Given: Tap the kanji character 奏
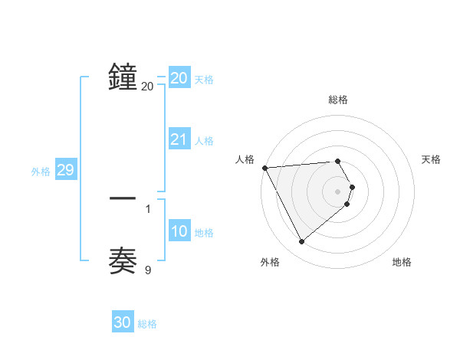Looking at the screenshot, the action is [x=123, y=260].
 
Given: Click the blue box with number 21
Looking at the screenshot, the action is [x=179, y=139].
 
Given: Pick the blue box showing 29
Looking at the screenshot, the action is [x=65, y=170].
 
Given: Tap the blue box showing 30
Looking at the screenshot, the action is [x=123, y=322].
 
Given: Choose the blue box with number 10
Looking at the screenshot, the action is [x=179, y=231].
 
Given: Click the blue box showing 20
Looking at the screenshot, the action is [x=179, y=78].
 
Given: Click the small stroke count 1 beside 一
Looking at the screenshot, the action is [x=148, y=208].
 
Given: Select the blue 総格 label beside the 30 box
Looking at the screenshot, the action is [x=147, y=324].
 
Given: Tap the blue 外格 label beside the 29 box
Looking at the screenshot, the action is [x=41, y=172].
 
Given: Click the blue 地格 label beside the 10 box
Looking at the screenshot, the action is [x=204, y=233].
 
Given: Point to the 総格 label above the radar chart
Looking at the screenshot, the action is [x=338, y=100].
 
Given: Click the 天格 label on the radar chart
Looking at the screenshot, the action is [x=432, y=159].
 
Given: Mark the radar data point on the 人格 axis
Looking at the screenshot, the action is [x=264, y=168].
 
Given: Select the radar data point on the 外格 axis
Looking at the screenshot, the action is [x=301, y=242].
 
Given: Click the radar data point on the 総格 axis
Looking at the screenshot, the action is [x=338, y=161].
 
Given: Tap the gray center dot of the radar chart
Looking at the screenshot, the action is [x=338, y=191].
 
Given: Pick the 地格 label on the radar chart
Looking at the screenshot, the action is [x=402, y=262].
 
